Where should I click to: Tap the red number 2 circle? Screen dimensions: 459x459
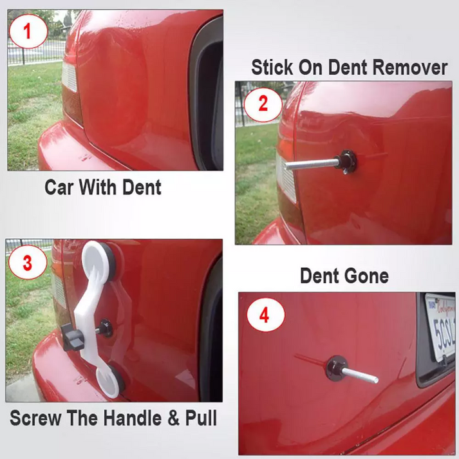[x=262, y=102]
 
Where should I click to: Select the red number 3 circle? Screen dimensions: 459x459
[x=26, y=263]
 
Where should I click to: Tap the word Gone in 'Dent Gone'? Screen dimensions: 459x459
[x=367, y=276]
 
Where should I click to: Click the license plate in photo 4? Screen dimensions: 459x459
[x=440, y=328]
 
